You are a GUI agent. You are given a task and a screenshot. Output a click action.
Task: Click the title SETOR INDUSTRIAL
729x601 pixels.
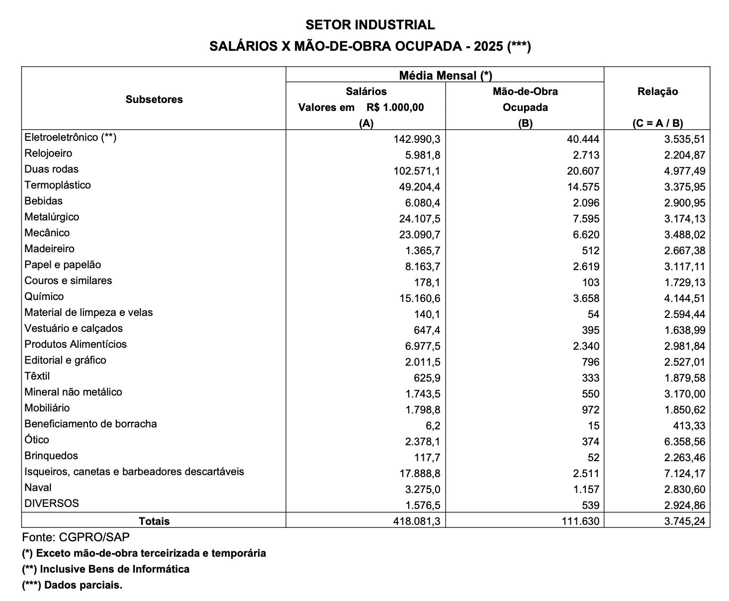coord(370,24)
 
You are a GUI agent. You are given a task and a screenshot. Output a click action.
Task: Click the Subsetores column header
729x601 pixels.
coord(154,99)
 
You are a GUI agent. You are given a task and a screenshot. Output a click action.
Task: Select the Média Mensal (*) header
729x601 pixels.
coord(445,75)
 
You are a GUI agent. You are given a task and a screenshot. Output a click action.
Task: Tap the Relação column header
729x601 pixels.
coord(657,92)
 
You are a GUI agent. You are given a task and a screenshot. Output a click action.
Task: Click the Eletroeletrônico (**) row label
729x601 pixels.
coord(70,137)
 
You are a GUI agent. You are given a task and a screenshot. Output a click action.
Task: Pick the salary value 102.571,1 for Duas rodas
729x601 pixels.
coord(417,171)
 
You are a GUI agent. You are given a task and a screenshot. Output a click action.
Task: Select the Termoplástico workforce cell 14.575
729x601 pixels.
coord(583,187)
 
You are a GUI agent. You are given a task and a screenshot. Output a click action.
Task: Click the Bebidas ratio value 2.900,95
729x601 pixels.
coord(684,203)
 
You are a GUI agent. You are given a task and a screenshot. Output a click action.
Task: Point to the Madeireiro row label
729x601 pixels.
coord(49,249)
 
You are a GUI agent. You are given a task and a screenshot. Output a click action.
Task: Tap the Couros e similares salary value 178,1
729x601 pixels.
coord(427,283)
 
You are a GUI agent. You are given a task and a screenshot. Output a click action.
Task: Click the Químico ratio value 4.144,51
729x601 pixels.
coord(684,299)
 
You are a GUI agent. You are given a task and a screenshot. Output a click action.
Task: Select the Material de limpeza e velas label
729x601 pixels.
coord(89,312)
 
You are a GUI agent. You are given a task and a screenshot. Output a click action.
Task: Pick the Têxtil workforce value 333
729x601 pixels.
coord(590,378)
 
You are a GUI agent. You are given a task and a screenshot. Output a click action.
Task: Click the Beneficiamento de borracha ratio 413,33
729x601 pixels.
coord(688,426)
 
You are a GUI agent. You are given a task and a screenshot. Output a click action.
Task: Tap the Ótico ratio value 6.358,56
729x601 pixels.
coord(684,442)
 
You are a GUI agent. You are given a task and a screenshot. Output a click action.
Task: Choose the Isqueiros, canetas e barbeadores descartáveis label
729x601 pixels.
coord(134,472)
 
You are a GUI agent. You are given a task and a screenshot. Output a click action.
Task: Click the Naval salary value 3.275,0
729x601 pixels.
coord(423,490)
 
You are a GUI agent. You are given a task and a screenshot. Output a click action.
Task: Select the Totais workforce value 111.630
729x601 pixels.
coord(581,521)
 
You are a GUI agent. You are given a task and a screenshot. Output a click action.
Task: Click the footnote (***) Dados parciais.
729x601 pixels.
coord(72,585)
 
